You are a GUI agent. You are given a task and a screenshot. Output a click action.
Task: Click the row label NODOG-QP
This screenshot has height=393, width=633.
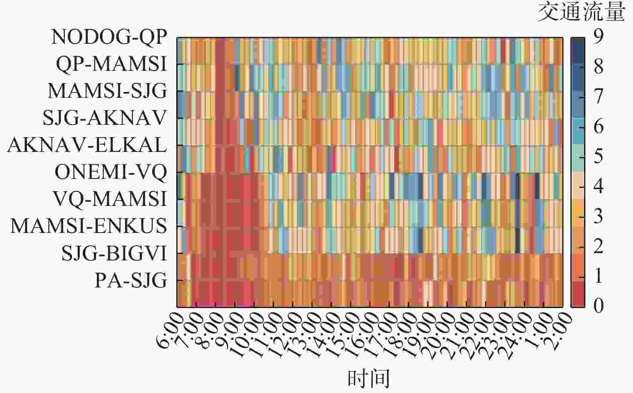[109, 37]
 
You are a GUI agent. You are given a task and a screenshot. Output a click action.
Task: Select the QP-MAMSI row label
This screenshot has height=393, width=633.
[111, 64]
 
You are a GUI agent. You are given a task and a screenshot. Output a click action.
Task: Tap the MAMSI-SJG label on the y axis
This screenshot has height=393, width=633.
[107, 91]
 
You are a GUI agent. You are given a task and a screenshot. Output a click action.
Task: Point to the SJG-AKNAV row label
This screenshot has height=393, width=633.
[104, 118]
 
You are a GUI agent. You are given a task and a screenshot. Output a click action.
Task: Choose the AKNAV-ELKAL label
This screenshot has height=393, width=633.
[87, 145]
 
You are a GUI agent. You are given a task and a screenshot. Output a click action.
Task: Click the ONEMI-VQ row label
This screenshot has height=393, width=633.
[110, 172]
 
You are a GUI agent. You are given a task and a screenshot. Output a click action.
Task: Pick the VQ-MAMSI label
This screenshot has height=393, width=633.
[109, 199]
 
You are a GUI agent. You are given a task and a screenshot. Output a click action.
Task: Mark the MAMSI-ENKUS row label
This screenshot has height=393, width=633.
[88, 226]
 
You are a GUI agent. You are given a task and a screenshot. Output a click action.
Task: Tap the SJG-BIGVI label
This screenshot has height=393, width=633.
[114, 253]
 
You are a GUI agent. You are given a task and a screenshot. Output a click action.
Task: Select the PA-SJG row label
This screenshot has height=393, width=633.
[130, 281]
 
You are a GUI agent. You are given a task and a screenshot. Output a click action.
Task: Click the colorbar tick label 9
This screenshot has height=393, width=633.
[598, 36]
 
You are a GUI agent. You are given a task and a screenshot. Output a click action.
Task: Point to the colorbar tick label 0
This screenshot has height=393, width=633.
[598, 305]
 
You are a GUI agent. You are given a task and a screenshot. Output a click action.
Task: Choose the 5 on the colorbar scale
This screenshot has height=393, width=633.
[598, 156]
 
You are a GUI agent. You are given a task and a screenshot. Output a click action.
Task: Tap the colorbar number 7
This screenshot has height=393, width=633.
[598, 96]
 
